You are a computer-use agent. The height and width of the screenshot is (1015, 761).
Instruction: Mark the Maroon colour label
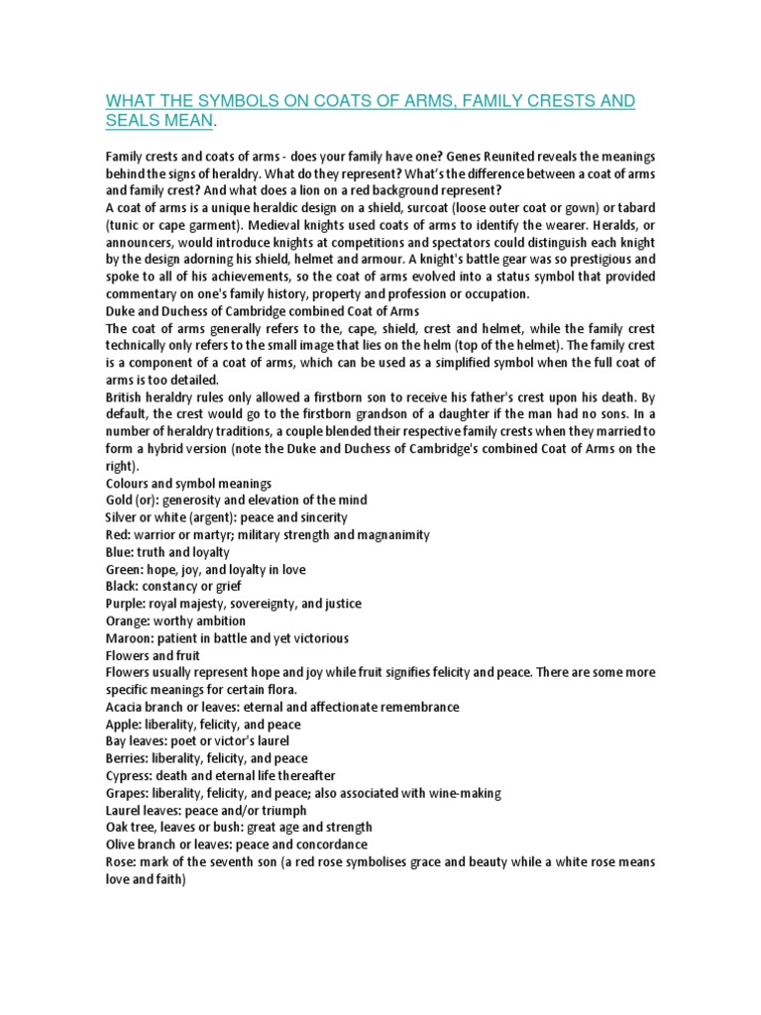coord(130,638)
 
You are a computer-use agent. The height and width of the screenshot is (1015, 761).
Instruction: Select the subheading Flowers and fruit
coord(153,655)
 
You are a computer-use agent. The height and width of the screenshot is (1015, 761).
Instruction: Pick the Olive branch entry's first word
coord(121,845)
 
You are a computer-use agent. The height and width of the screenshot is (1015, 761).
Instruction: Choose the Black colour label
coord(123,587)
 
